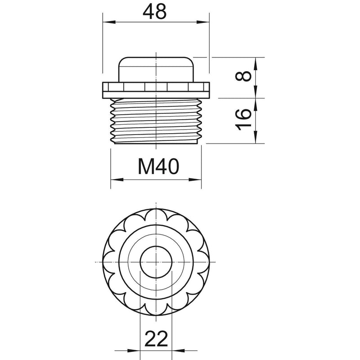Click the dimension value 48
154,12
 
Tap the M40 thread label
158,166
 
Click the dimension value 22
156,339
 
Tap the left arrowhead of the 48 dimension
108,22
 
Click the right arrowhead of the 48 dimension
203,22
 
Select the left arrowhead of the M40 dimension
117,180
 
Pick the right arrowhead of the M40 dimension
195,180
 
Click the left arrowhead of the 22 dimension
134,351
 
